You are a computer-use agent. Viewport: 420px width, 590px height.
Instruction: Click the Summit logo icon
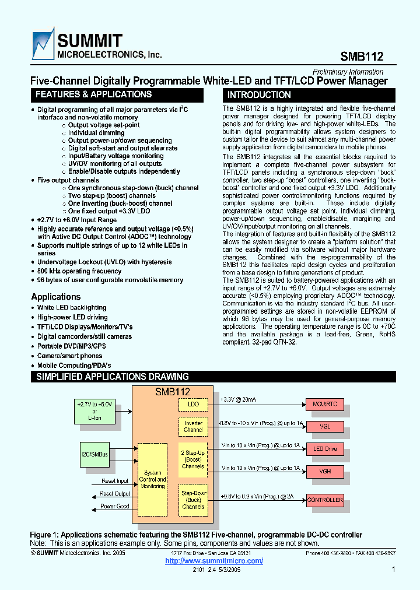point(43,47)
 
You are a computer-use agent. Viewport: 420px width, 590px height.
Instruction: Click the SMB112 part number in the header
point(362,57)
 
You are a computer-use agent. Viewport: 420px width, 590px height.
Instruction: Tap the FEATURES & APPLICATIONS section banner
point(93,94)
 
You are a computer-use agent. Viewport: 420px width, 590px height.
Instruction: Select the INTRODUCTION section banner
point(259,94)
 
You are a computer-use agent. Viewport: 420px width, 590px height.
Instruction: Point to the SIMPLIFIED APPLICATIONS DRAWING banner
point(113,377)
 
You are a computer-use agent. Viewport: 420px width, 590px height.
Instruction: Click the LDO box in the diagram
point(193,403)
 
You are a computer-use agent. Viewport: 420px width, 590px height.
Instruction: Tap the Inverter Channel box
point(193,427)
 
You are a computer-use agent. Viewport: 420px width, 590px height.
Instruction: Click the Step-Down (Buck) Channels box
point(193,500)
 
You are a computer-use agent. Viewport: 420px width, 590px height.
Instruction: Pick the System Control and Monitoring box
point(153,479)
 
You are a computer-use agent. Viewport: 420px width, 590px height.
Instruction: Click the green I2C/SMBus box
point(94,454)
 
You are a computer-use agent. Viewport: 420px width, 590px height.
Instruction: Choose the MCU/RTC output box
point(325,404)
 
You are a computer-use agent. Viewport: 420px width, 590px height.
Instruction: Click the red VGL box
point(325,426)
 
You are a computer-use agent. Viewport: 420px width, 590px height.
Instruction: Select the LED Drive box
point(325,448)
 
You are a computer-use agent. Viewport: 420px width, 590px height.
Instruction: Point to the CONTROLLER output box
point(325,500)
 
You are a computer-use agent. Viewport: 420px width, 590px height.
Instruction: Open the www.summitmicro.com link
point(214,561)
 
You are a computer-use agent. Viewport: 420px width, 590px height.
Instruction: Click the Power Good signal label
point(115,506)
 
